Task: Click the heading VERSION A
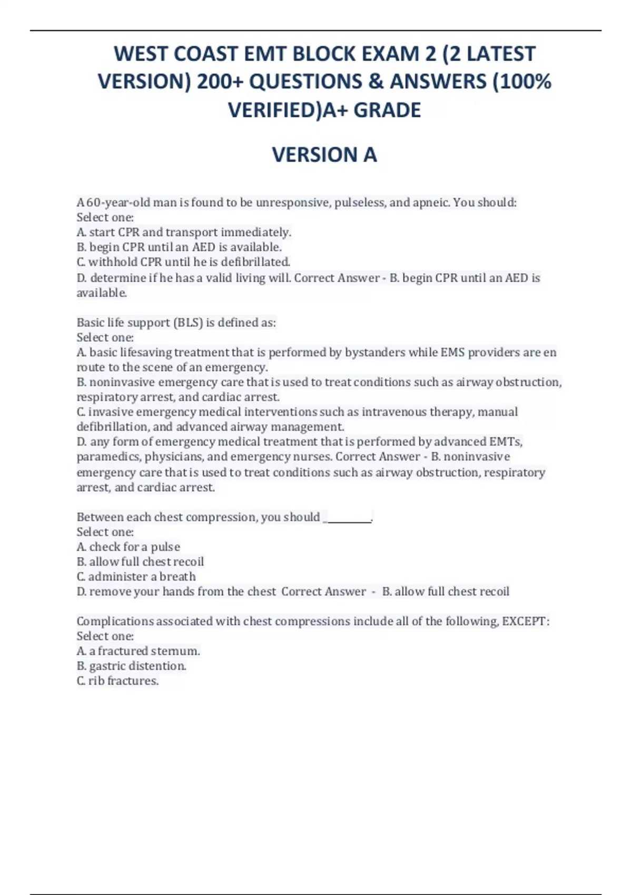[x=324, y=155]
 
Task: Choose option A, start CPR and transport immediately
[x=184, y=232]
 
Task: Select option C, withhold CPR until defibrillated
[x=183, y=262]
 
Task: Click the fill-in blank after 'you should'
[x=348, y=518]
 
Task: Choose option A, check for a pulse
[x=129, y=547]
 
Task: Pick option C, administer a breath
[x=136, y=576]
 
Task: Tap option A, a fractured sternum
[x=138, y=651]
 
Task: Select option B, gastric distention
[x=131, y=666]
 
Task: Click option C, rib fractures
[x=117, y=681]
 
